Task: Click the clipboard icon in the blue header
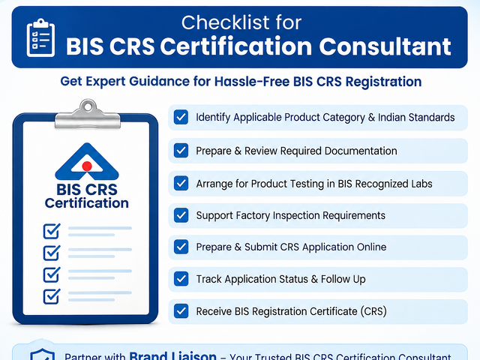point(40,37)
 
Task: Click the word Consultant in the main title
point(385,46)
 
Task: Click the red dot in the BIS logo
point(87,166)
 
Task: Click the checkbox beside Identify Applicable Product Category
point(181,117)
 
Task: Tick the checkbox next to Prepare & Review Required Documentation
point(181,151)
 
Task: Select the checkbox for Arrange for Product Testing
point(181,183)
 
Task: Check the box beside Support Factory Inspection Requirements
point(181,215)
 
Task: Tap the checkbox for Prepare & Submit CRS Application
point(181,247)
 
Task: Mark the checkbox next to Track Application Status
point(181,279)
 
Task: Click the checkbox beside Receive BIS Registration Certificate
point(181,311)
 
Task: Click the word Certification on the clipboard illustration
point(87,203)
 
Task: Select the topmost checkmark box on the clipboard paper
point(52,231)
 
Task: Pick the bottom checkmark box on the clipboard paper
point(52,296)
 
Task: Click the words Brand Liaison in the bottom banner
point(172,355)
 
